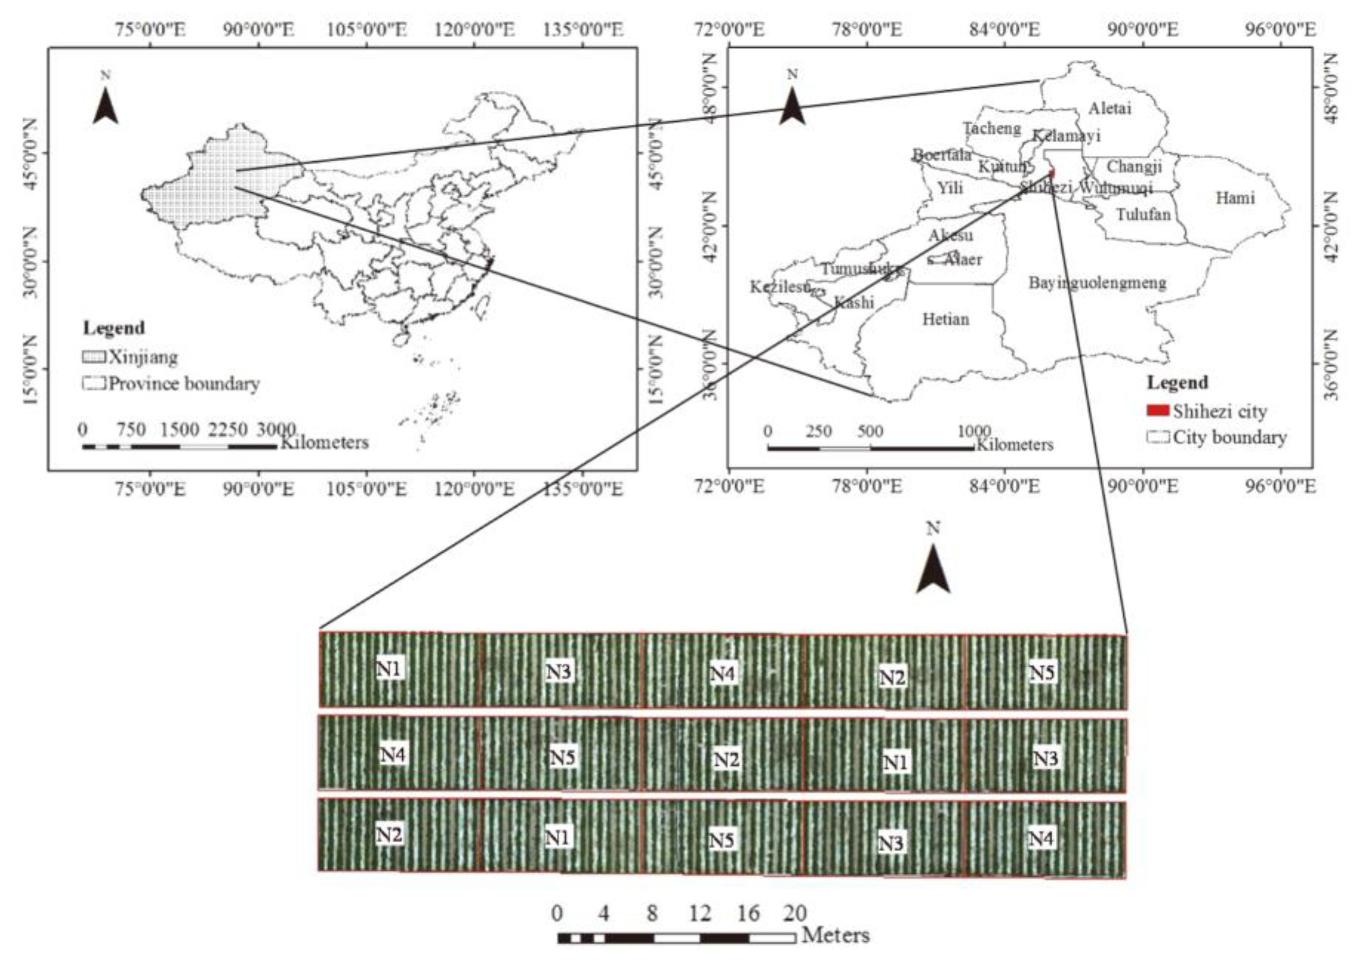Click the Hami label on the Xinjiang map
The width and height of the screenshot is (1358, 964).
(x=1235, y=197)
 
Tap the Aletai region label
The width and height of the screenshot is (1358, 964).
(x=1110, y=108)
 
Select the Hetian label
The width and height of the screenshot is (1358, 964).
(x=945, y=320)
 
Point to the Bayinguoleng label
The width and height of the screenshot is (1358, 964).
(x=1097, y=283)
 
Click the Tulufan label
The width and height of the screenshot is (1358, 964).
(x=1143, y=214)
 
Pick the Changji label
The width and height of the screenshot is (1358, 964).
(x=1134, y=167)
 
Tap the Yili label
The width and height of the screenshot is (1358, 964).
(x=950, y=189)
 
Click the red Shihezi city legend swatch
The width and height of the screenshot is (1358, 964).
(x=1157, y=411)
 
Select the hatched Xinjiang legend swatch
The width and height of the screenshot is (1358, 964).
(x=94, y=357)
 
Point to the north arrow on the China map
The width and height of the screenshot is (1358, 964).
(x=106, y=106)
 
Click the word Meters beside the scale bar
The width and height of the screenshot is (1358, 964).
(x=836, y=936)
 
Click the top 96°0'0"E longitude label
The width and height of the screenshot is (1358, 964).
(x=1280, y=30)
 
